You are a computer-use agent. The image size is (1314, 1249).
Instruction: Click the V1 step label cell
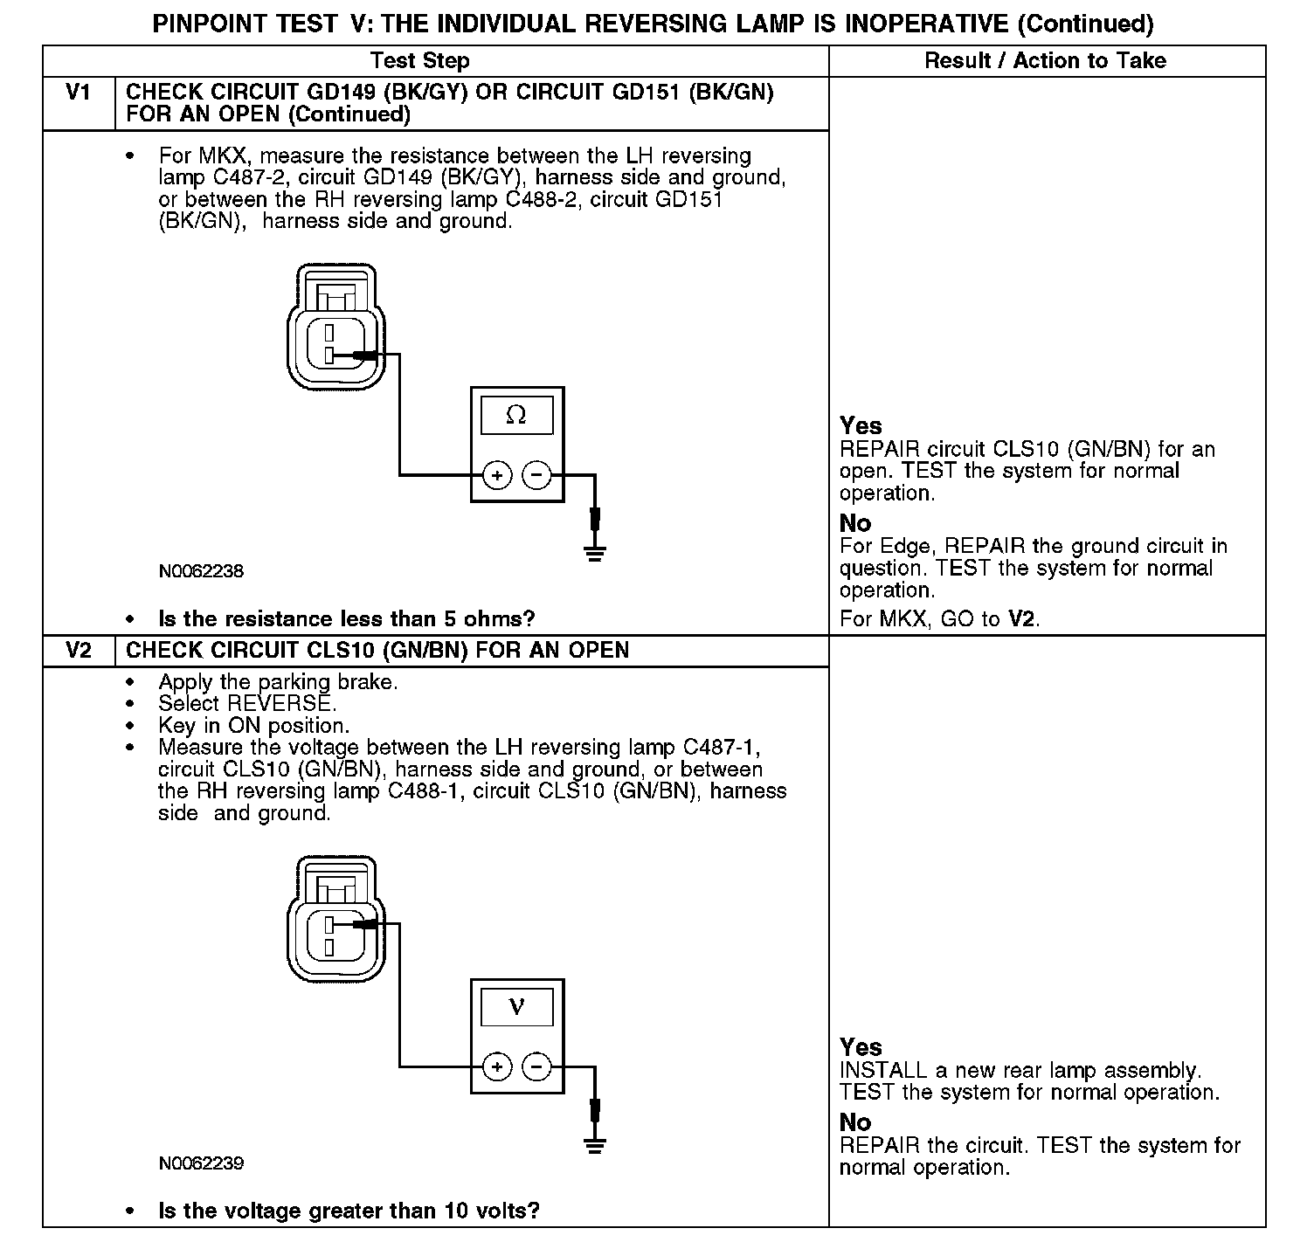tap(79, 93)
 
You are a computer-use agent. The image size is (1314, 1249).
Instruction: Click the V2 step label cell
tap(79, 651)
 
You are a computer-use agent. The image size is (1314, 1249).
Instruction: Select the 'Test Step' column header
tap(419, 61)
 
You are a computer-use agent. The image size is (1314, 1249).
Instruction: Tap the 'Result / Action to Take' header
tap(1045, 61)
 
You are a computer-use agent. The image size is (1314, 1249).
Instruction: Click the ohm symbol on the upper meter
tap(516, 416)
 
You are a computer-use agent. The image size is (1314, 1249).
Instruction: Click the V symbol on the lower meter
tap(516, 1007)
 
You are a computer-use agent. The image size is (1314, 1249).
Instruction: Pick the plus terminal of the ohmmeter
tap(497, 476)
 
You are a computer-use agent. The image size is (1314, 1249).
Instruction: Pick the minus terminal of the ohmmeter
tap(536, 476)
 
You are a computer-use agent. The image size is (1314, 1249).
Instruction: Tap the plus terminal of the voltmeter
tap(497, 1066)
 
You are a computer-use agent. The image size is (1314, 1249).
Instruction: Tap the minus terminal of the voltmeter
tap(536, 1066)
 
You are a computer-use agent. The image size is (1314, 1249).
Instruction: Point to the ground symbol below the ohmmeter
tap(595, 553)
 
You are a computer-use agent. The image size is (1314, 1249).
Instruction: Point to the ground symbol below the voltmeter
tap(595, 1145)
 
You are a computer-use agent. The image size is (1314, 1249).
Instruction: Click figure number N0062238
tap(201, 572)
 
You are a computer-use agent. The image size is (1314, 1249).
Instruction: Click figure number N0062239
tap(201, 1163)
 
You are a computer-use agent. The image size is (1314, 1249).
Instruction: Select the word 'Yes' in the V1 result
tap(861, 425)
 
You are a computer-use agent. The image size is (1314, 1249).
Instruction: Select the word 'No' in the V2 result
tap(855, 1121)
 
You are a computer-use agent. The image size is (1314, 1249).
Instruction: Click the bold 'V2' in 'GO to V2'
tap(1021, 619)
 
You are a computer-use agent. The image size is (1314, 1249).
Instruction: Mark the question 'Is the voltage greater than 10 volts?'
tap(349, 1211)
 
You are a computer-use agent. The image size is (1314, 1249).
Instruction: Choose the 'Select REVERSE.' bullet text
tap(247, 703)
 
